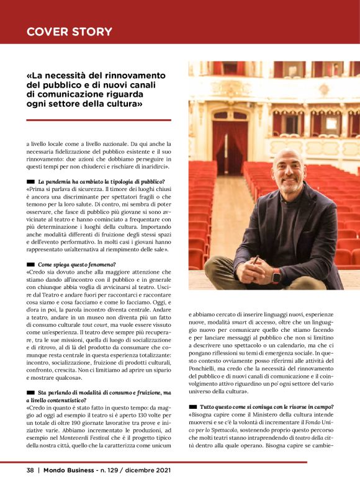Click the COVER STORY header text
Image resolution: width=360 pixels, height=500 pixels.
(70, 32)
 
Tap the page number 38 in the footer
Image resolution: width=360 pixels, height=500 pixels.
(30, 470)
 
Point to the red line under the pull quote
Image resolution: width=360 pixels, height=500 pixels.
(99, 120)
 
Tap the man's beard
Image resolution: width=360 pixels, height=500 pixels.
(290, 188)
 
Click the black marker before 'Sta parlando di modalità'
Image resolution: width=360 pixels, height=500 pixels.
(30, 393)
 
